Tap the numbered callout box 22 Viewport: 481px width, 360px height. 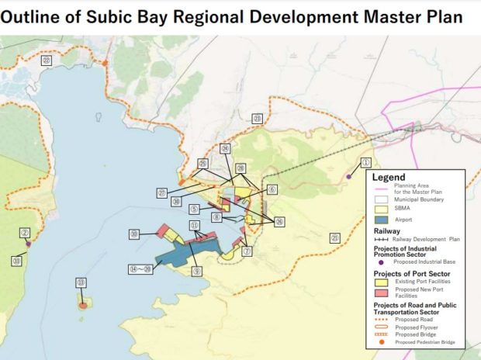pos(47,60)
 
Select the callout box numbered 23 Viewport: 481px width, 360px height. pos(257,118)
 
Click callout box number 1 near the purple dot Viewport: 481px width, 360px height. pos(367,163)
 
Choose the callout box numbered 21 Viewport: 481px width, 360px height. pos(335,238)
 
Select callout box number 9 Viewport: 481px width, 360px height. pos(197,272)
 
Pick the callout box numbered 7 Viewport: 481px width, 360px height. pos(247,251)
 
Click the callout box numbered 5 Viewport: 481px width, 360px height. pos(192,209)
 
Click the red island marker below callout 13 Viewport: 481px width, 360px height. pos(82,306)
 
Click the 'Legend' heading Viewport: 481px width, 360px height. pos(394,178)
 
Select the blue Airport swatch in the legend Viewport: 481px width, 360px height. pos(382,220)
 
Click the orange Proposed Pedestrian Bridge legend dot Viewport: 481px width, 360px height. pos(381,341)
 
